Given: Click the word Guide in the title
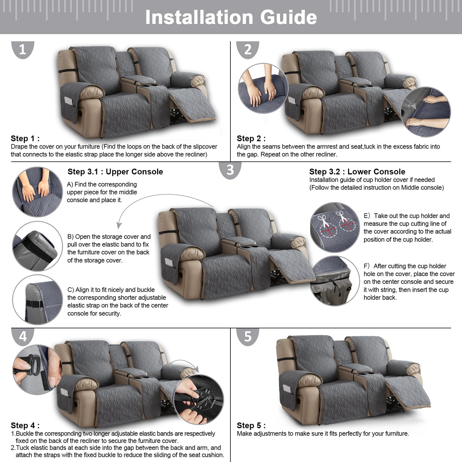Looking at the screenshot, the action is coord(289,17).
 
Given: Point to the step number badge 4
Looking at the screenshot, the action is coord(23,337).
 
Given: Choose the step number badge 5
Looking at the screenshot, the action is coord(248,337).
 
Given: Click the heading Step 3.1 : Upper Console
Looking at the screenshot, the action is coord(115,172).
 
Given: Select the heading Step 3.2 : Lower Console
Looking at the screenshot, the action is coord(357,172).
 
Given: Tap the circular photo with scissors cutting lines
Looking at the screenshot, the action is coord(335,227).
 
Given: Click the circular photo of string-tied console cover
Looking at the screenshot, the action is coord(335,281).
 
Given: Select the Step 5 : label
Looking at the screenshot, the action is coord(251,426).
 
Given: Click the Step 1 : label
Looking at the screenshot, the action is coord(25,139).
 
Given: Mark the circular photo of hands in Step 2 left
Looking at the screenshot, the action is coord(263,88).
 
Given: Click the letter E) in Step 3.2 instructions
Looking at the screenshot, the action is coord(367,216).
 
